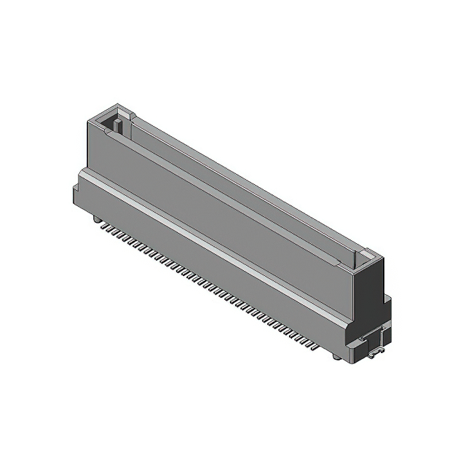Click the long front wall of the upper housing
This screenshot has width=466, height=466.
(x=218, y=204)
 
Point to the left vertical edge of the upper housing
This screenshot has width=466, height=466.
(x=88, y=146)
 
